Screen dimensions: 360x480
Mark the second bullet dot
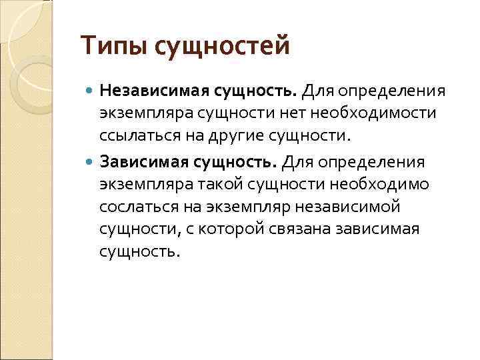point(91,163)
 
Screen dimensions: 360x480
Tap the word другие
point(239,137)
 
